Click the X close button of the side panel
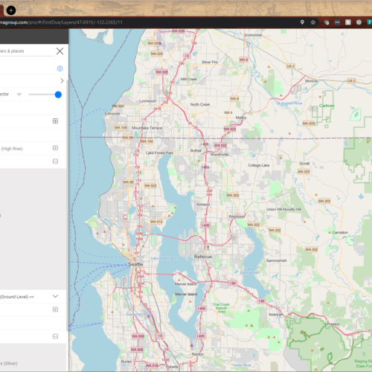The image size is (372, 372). [60, 51]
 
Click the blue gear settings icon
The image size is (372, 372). [60, 68]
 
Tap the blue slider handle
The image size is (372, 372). [58, 94]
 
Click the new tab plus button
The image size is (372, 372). [10, 10]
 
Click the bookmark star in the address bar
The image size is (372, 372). [313, 22]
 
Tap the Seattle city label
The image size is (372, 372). [135, 264]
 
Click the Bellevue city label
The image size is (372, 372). [203, 257]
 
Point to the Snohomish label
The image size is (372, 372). [253, 34]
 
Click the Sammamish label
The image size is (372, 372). [275, 261]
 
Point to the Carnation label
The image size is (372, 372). [340, 232]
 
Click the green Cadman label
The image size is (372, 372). [326, 106]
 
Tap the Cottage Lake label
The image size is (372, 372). [258, 164]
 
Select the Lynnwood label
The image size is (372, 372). [147, 100]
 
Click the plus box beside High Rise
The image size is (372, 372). [55, 148]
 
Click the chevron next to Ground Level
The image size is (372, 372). [55, 296]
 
